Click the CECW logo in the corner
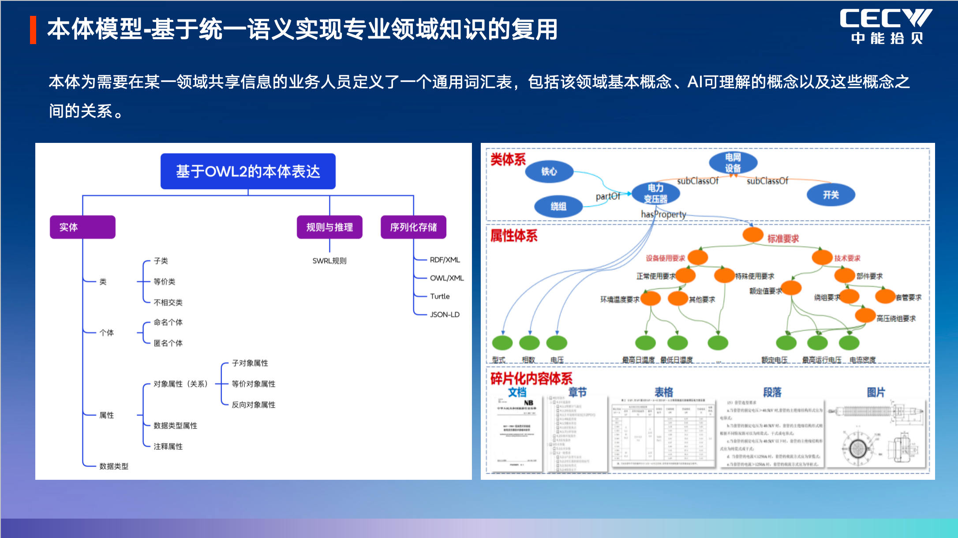click(x=886, y=26)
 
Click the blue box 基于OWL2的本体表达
click(x=248, y=171)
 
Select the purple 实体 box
click(x=82, y=227)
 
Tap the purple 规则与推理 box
click(x=329, y=227)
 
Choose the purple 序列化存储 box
click(x=413, y=227)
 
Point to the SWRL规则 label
click(x=329, y=261)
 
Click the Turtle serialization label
click(x=440, y=296)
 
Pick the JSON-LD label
click(x=445, y=314)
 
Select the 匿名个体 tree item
click(x=168, y=343)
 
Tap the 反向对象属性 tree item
click(x=254, y=405)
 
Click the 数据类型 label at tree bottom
click(x=114, y=466)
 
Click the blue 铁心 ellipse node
click(x=549, y=172)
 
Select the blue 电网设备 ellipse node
click(x=733, y=162)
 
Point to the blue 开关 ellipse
click(x=831, y=194)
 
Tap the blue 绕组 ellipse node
click(x=558, y=206)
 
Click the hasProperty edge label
click(x=663, y=214)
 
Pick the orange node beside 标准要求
click(x=753, y=235)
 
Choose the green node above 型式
click(x=502, y=343)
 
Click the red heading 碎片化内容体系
click(x=531, y=378)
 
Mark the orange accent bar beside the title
click(x=33, y=30)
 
